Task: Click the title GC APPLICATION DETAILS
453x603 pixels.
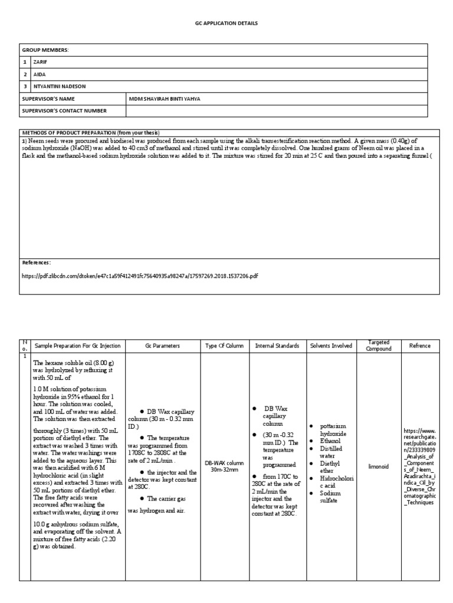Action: coord(226,23)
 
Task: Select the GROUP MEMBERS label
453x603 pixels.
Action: coord(46,50)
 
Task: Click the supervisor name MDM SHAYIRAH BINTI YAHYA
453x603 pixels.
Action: coord(165,98)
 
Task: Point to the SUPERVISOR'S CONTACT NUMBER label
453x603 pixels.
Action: coord(64,110)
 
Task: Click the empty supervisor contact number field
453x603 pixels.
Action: coord(283,110)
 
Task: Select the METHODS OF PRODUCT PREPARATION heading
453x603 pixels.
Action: coord(91,132)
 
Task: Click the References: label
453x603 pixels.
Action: coord(37,263)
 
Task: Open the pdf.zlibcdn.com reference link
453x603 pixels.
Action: coord(139,275)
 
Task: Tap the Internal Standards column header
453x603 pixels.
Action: coord(277,346)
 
